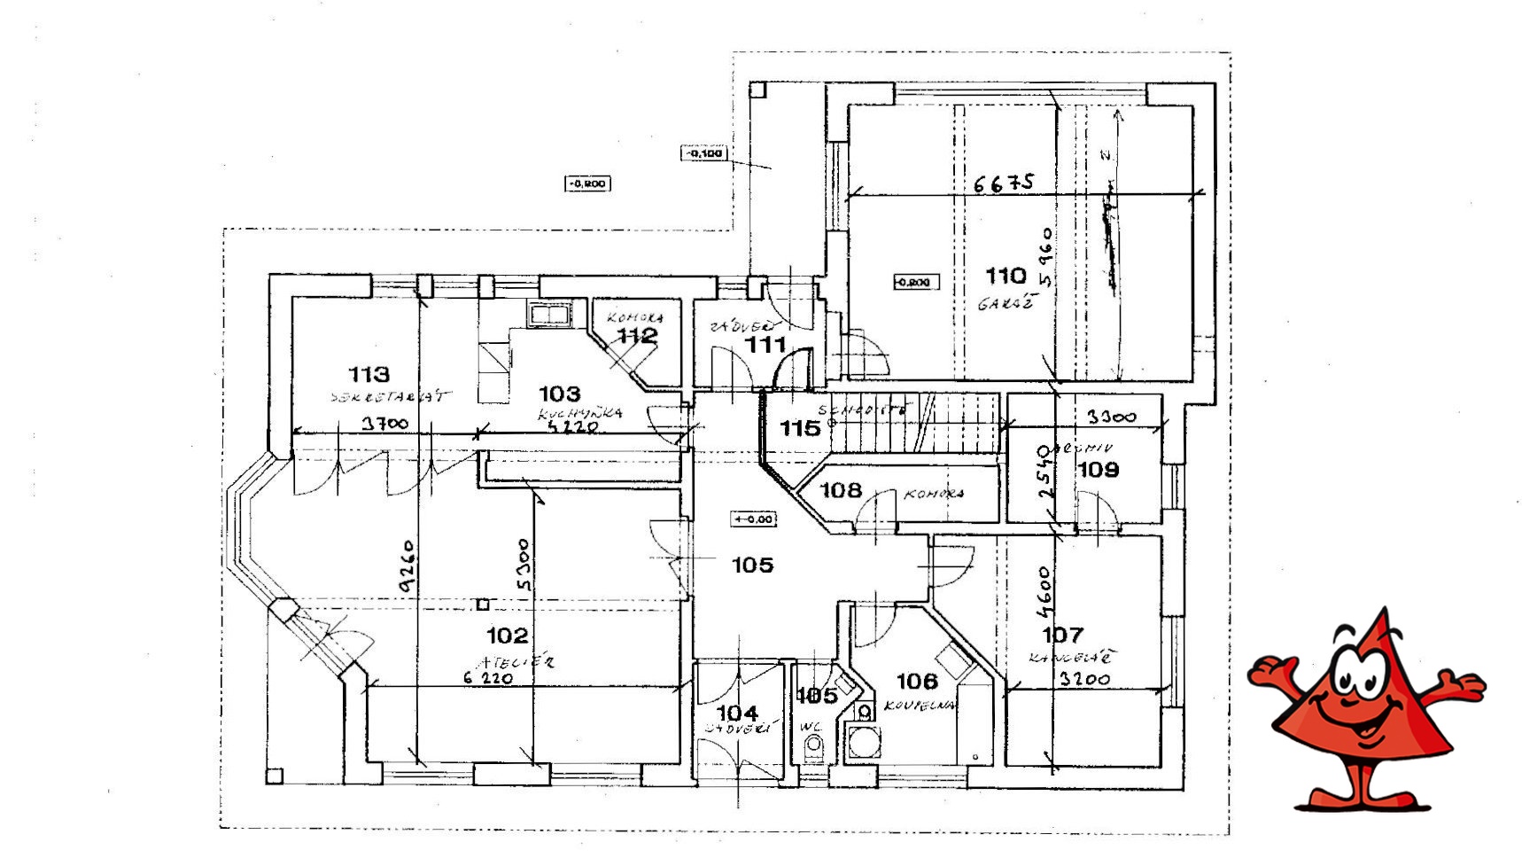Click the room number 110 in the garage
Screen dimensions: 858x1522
(1006, 276)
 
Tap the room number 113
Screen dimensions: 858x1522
(369, 374)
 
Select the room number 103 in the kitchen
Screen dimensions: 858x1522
(560, 393)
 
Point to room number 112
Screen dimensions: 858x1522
(637, 336)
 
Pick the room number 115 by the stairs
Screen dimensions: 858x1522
(800, 428)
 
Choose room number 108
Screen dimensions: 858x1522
(841, 489)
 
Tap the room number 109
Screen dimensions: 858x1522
(1099, 470)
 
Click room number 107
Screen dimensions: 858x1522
(1062, 635)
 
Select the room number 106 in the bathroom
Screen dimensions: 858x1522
(917, 681)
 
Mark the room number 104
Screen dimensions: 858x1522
(737, 713)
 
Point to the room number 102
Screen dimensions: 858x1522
(508, 635)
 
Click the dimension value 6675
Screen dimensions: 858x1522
(1004, 183)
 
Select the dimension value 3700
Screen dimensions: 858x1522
(385, 424)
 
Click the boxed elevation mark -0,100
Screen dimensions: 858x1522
(704, 153)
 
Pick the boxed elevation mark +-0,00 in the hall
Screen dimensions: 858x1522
(753, 519)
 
